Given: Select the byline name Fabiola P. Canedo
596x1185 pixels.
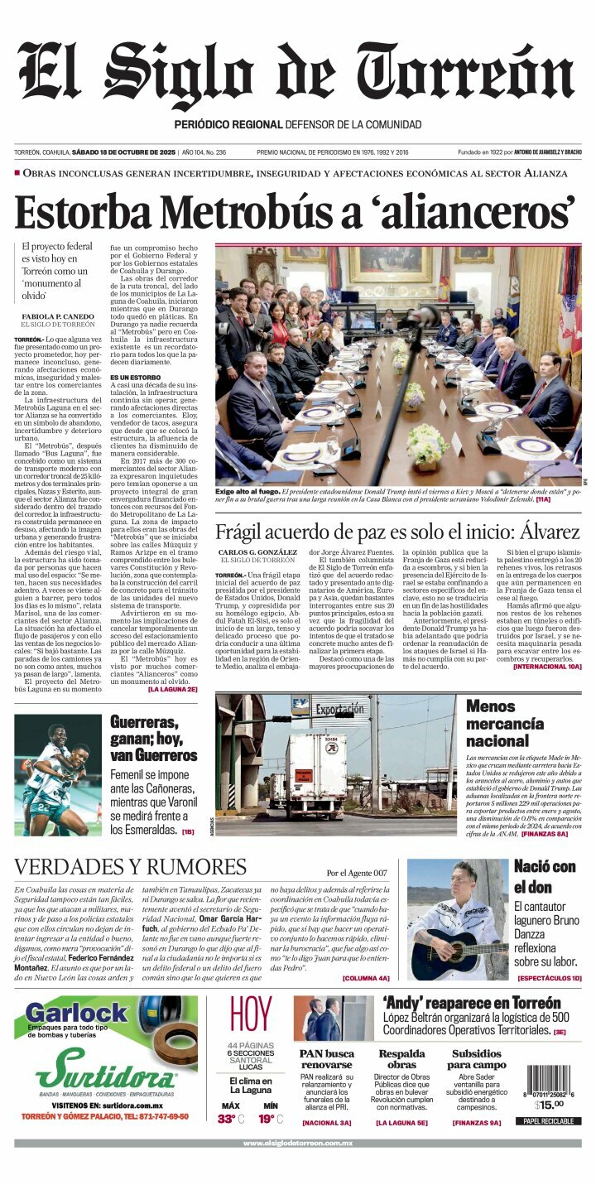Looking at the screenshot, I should tap(58, 316).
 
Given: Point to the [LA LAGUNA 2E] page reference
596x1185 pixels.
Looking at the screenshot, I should tap(172, 689).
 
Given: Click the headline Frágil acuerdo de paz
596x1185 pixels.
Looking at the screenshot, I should tap(397, 532).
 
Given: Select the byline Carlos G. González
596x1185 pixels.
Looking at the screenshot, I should tap(257, 552).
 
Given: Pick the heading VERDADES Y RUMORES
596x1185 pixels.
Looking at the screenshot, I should tap(131, 867).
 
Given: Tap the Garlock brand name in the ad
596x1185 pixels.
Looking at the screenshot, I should tap(76, 1012).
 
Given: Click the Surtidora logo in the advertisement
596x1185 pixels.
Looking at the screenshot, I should tap(105, 1072).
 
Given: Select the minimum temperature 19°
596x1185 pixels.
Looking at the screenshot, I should tap(267, 1119).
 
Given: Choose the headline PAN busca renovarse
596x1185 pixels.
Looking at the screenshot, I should tap(327, 1058).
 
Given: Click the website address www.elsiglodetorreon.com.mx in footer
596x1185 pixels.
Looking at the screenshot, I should tap(297, 1143).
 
